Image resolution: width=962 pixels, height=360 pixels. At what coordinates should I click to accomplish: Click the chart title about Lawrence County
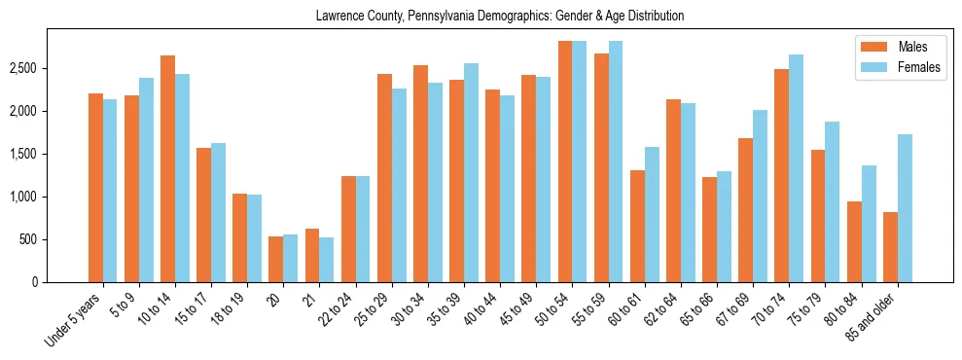click(500, 17)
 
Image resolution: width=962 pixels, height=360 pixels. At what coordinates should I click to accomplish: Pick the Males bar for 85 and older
click(890, 247)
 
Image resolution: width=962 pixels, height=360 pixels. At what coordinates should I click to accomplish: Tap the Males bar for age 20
click(276, 259)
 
